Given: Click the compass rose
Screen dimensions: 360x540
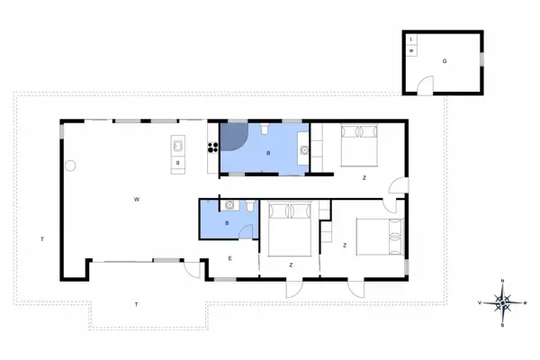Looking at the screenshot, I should [502, 302].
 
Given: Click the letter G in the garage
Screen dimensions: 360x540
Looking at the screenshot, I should [444, 61].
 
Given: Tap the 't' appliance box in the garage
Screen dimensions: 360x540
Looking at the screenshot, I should [411, 40].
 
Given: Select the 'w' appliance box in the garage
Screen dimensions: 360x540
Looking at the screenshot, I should [411, 51].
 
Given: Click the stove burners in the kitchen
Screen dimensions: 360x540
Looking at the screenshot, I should [212, 139].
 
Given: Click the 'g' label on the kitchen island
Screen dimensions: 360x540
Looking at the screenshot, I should [178, 162].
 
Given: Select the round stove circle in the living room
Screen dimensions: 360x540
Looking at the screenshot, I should [70, 165].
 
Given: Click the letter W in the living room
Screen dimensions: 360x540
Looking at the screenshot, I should [136, 197].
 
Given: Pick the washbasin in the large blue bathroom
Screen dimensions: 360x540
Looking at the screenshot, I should [303, 150].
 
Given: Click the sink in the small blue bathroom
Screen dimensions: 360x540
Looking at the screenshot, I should [231, 205].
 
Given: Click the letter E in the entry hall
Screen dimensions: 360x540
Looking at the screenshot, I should [229, 258].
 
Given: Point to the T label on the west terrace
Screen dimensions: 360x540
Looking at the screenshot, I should [41, 238].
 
